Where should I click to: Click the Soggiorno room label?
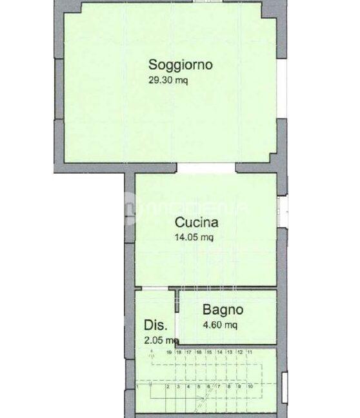tap(181, 65)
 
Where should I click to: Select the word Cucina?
tap(197, 223)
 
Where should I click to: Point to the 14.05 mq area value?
tap(194, 237)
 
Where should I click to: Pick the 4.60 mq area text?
tap(219, 325)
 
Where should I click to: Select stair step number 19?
tap(169, 352)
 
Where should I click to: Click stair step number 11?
tap(250, 352)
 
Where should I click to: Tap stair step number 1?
tap(138, 386)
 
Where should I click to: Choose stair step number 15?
tap(209, 352)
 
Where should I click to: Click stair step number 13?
tap(229, 352)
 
